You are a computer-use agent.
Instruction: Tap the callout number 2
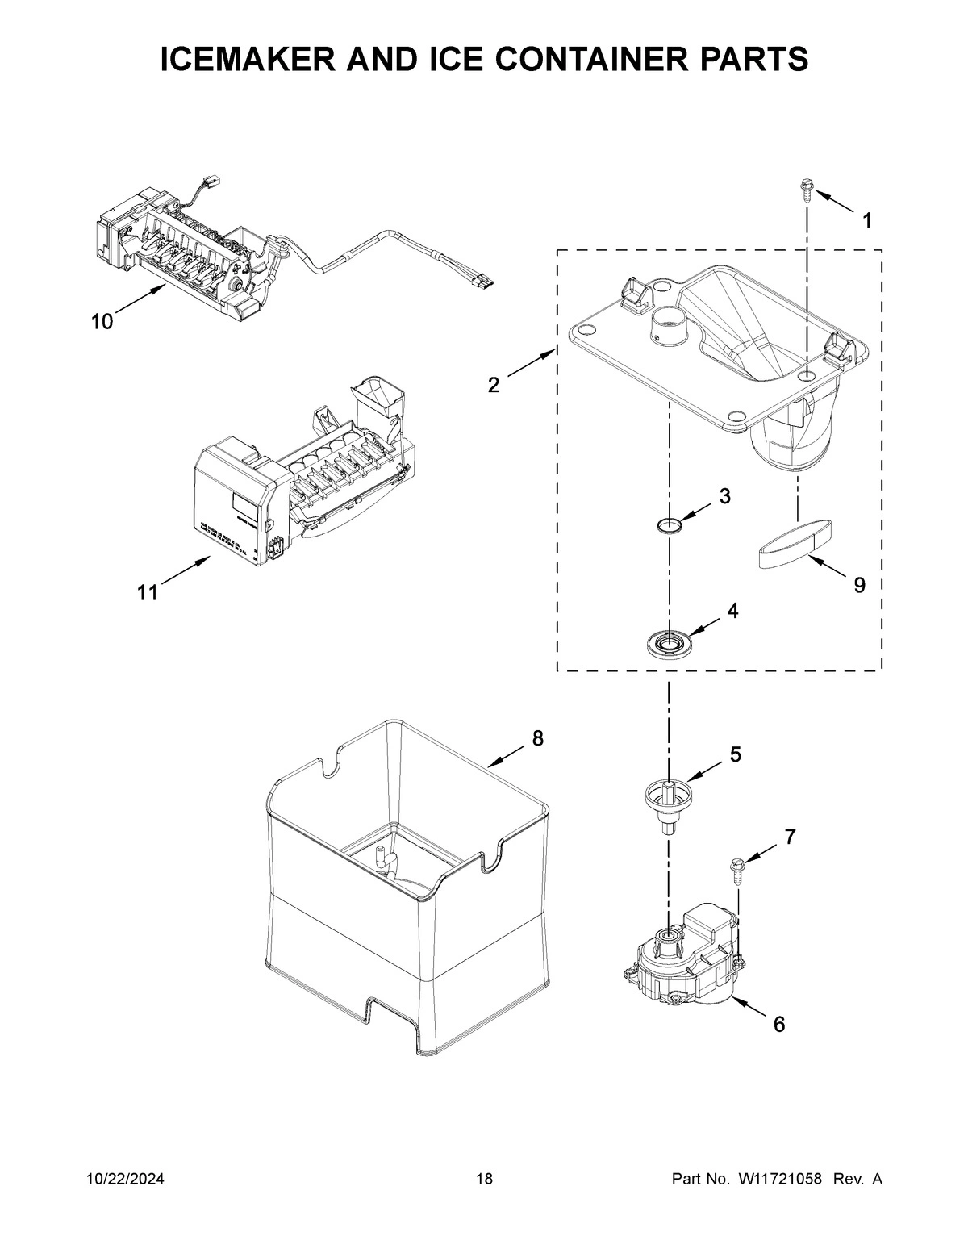pos(494,385)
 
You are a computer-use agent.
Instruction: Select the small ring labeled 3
pos(669,527)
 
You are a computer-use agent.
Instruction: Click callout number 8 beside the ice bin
pos(537,737)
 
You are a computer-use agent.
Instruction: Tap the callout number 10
pos(102,322)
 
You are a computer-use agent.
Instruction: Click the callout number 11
pos(147,593)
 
